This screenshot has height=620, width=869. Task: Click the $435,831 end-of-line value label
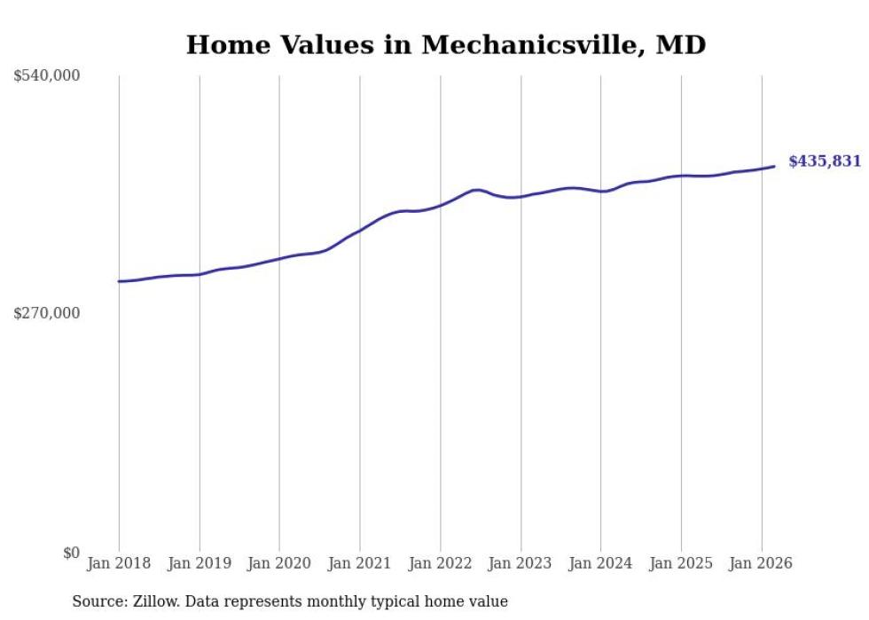pyautogui.click(x=824, y=161)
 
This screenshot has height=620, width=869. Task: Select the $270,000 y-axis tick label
pyautogui.click(x=46, y=313)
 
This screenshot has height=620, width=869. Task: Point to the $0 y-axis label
pyautogui.click(x=71, y=553)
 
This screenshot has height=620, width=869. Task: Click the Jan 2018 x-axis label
pyautogui.click(x=119, y=563)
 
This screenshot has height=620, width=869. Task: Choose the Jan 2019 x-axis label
pyautogui.click(x=200, y=563)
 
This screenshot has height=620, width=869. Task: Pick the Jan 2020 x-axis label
pyautogui.click(x=279, y=563)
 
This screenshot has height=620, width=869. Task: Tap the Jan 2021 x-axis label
pyautogui.click(x=360, y=563)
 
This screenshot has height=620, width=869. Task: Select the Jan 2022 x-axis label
pyautogui.click(x=440, y=563)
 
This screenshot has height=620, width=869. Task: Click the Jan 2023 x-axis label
pyautogui.click(x=521, y=563)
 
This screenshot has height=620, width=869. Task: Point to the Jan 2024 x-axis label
pyautogui.click(x=600, y=563)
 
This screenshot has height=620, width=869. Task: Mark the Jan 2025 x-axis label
pyautogui.click(x=681, y=563)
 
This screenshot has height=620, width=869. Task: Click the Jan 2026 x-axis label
pyautogui.click(x=761, y=563)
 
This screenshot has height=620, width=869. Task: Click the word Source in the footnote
pyautogui.click(x=98, y=601)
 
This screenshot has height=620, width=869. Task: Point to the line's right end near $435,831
pyautogui.click(x=774, y=166)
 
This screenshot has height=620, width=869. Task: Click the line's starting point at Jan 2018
pyautogui.click(x=119, y=281)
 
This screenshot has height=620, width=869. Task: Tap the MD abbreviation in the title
pyautogui.click(x=680, y=45)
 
